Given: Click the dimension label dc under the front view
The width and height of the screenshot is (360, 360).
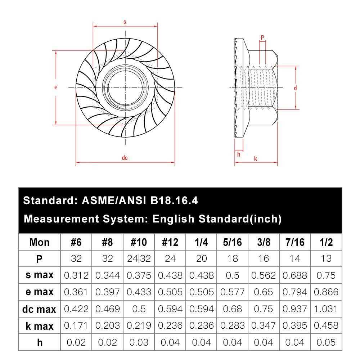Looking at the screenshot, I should (x=125, y=158).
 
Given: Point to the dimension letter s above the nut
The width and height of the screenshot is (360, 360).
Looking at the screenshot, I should (x=125, y=22).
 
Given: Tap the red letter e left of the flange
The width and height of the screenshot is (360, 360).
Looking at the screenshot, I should (x=56, y=87).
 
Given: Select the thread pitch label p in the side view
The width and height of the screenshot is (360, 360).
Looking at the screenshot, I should (x=262, y=37).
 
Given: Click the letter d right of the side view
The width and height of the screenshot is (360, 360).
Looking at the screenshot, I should (x=295, y=88).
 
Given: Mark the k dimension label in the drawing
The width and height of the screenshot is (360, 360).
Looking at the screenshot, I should (x=256, y=158).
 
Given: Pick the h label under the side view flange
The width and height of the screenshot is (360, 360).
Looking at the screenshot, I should (x=238, y=154).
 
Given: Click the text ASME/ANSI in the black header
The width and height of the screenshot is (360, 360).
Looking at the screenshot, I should (x=112, y=201).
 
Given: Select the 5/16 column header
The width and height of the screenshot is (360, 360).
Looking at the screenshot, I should (x=232, y=242).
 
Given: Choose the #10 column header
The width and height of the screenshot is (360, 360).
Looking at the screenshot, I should (x=139, y=242).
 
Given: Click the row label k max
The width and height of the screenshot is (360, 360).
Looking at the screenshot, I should (x=40, y=326).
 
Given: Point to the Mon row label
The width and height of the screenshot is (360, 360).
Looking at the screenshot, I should (x=40, y=242).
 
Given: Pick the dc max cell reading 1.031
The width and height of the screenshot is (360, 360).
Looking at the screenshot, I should (x=326, y=309).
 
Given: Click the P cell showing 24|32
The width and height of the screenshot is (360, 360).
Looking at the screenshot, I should (x=139, y=258).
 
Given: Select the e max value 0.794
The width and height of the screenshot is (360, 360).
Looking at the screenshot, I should (x=295, y=292).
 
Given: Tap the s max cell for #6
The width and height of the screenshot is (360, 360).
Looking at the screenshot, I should (x=76, y=275).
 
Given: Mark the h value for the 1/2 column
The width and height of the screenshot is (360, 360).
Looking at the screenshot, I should (x=326, y=342).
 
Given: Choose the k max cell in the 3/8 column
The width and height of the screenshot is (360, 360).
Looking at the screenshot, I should (x=264, y=326).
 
